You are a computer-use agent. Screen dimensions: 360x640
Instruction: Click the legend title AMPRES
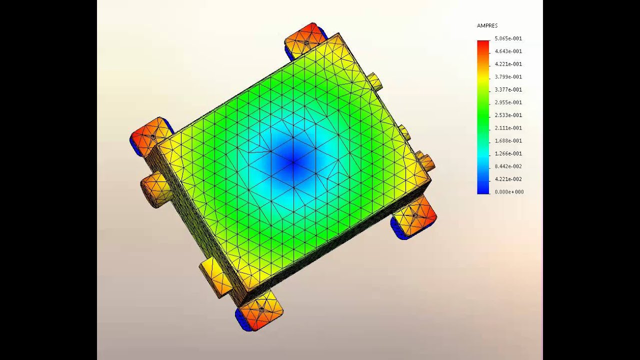tap(487, 25)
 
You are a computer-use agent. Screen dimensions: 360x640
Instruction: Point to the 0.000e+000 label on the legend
tap(509, 192)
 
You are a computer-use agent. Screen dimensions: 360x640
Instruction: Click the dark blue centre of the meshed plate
tap(293, 161)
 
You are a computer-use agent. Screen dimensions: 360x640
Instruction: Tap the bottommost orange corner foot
tap(260, 311)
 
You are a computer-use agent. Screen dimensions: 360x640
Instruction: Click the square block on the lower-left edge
tap(216, 277)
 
